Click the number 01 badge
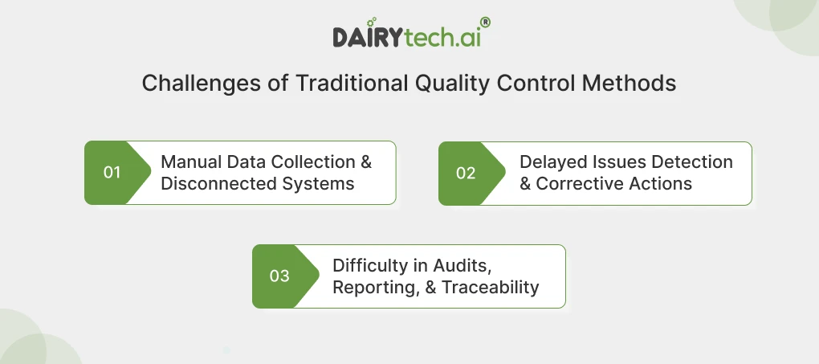tap(112, 173)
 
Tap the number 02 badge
tap(466, 173)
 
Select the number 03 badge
tap(279, 276)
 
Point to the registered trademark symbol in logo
tap(485, 23)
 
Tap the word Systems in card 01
tap(317, 183)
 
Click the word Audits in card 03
tap(465, 265)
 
